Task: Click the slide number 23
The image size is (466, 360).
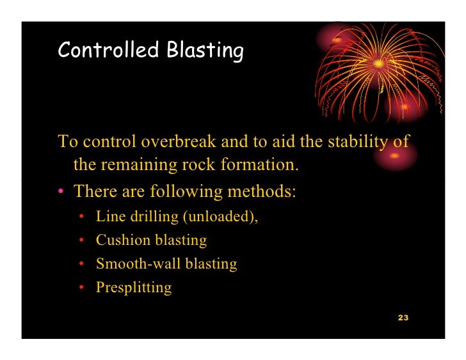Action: (403, 318)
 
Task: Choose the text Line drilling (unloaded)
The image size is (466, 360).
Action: (177, 217)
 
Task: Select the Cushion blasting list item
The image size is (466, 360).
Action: (151, 240)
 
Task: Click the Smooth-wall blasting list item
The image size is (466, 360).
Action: (166, 263)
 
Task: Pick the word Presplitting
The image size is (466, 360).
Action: (134, 287)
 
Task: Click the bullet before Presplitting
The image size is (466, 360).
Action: (82, 288)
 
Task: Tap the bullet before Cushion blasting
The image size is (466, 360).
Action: (82, 241)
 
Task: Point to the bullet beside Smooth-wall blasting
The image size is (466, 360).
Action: (82, 264)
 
